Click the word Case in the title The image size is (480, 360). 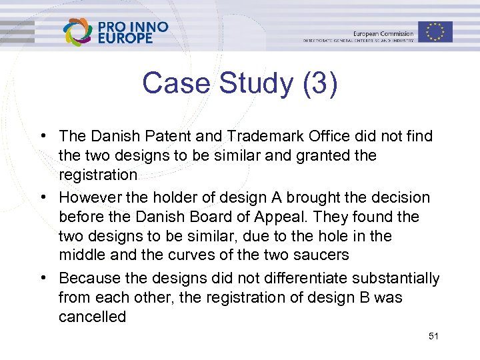(174, 84)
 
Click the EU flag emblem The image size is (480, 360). (435, 31)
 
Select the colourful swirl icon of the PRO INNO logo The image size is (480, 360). (77, 31)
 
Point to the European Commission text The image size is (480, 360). (383, 33)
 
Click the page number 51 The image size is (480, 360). (433, 336)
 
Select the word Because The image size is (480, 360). (87, 277)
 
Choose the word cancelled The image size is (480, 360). (92, 317)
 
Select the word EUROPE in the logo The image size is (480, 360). (125, 39)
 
